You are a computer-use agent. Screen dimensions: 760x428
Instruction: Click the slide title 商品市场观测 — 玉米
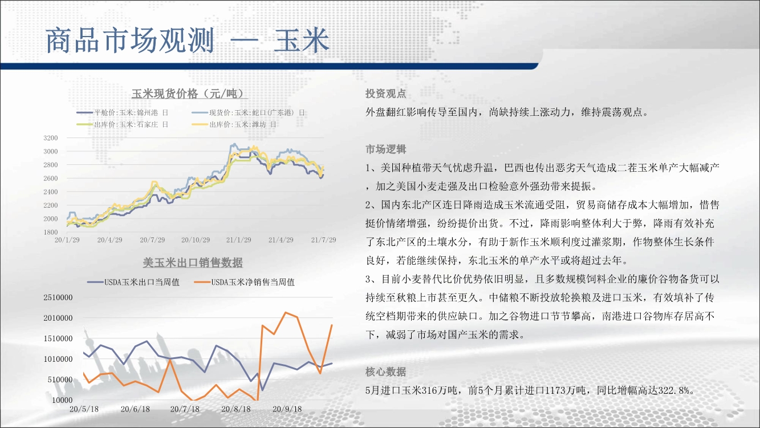coord(187,41)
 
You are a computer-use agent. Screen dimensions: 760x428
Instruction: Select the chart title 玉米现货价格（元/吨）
coord(190,94)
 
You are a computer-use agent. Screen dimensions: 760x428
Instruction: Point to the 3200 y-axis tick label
coord(51,138)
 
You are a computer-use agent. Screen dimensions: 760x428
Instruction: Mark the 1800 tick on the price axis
coord(51,232)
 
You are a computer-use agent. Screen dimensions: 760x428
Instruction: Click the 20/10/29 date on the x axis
coord(196,240)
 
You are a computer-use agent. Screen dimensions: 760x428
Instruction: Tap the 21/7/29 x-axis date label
coord(323,240)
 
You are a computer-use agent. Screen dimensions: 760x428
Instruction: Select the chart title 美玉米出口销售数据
coord(193,263)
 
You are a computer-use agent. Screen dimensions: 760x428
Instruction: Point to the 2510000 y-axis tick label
coord(58,297)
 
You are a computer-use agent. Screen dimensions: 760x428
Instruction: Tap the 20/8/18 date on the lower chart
coord(236,409)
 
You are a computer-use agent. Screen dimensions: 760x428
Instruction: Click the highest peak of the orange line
coord(286,313)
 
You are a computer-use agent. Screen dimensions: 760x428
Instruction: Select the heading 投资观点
coord(386,94)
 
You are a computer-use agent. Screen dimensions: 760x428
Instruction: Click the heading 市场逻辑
coord(386,149)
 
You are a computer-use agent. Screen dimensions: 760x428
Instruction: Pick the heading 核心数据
coord(386,372)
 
